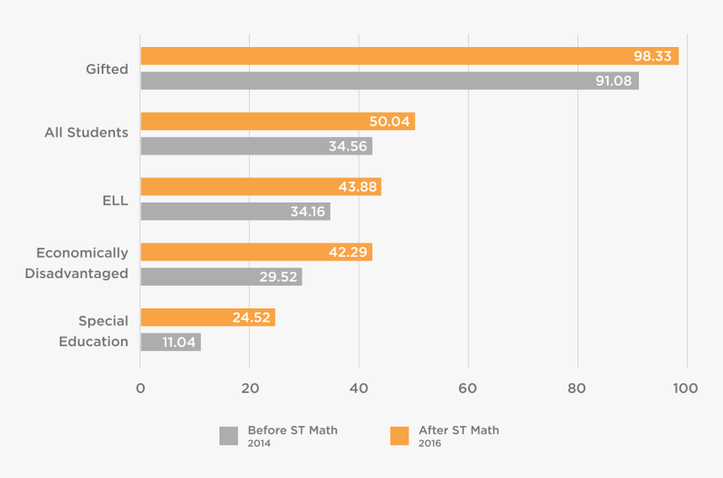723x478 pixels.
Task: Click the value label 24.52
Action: tap(251, 318)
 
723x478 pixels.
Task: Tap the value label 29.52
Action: tap(278, 277)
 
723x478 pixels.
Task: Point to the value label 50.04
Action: tap(389, 122)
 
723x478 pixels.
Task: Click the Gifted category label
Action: tap(107, 69)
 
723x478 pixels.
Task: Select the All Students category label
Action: tap(87, 133)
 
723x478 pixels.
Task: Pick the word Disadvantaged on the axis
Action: tap(77, 273)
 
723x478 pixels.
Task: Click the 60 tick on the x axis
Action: tap(468, 388)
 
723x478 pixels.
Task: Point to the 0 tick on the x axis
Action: tap(140, 388)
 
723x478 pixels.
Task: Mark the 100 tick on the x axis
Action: tap(686, 388)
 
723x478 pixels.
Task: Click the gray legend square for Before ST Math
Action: tap(229, 436)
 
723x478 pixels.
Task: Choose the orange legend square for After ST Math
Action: tap(399, 436)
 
